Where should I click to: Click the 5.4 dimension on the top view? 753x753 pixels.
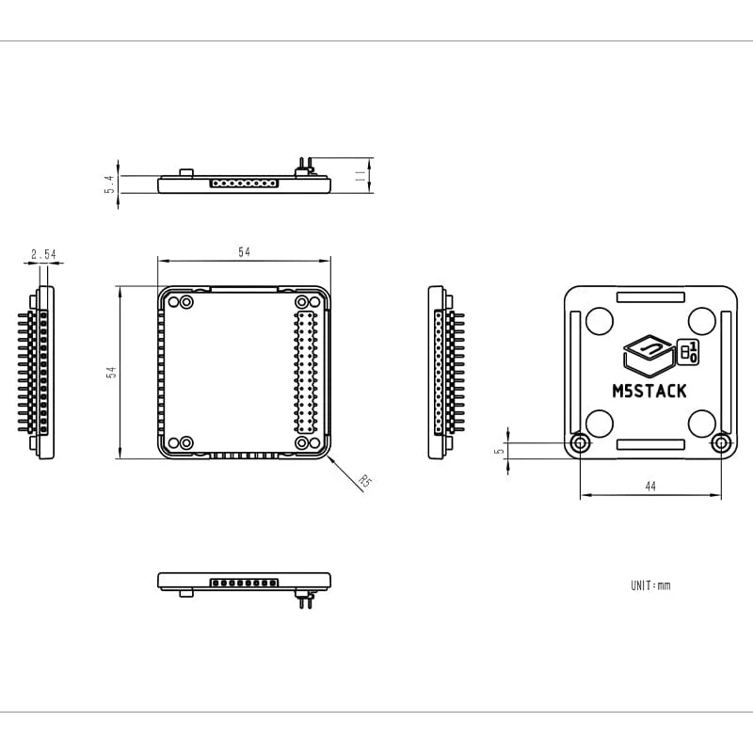109,184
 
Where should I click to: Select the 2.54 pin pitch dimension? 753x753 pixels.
43,254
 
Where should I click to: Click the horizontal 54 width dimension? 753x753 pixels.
245,252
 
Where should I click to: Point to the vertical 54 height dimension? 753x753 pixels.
111,373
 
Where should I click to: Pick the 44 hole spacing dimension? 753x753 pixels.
650,486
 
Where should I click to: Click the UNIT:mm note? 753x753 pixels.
650,585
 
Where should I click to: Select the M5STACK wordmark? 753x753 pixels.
649,392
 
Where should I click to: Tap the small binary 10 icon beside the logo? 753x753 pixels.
689,353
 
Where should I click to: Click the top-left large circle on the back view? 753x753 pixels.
599,321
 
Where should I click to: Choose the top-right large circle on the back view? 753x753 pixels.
701,321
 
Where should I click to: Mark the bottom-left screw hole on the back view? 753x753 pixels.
581,443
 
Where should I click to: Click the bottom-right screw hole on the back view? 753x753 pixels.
721,443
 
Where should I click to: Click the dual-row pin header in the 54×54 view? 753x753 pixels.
304,372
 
